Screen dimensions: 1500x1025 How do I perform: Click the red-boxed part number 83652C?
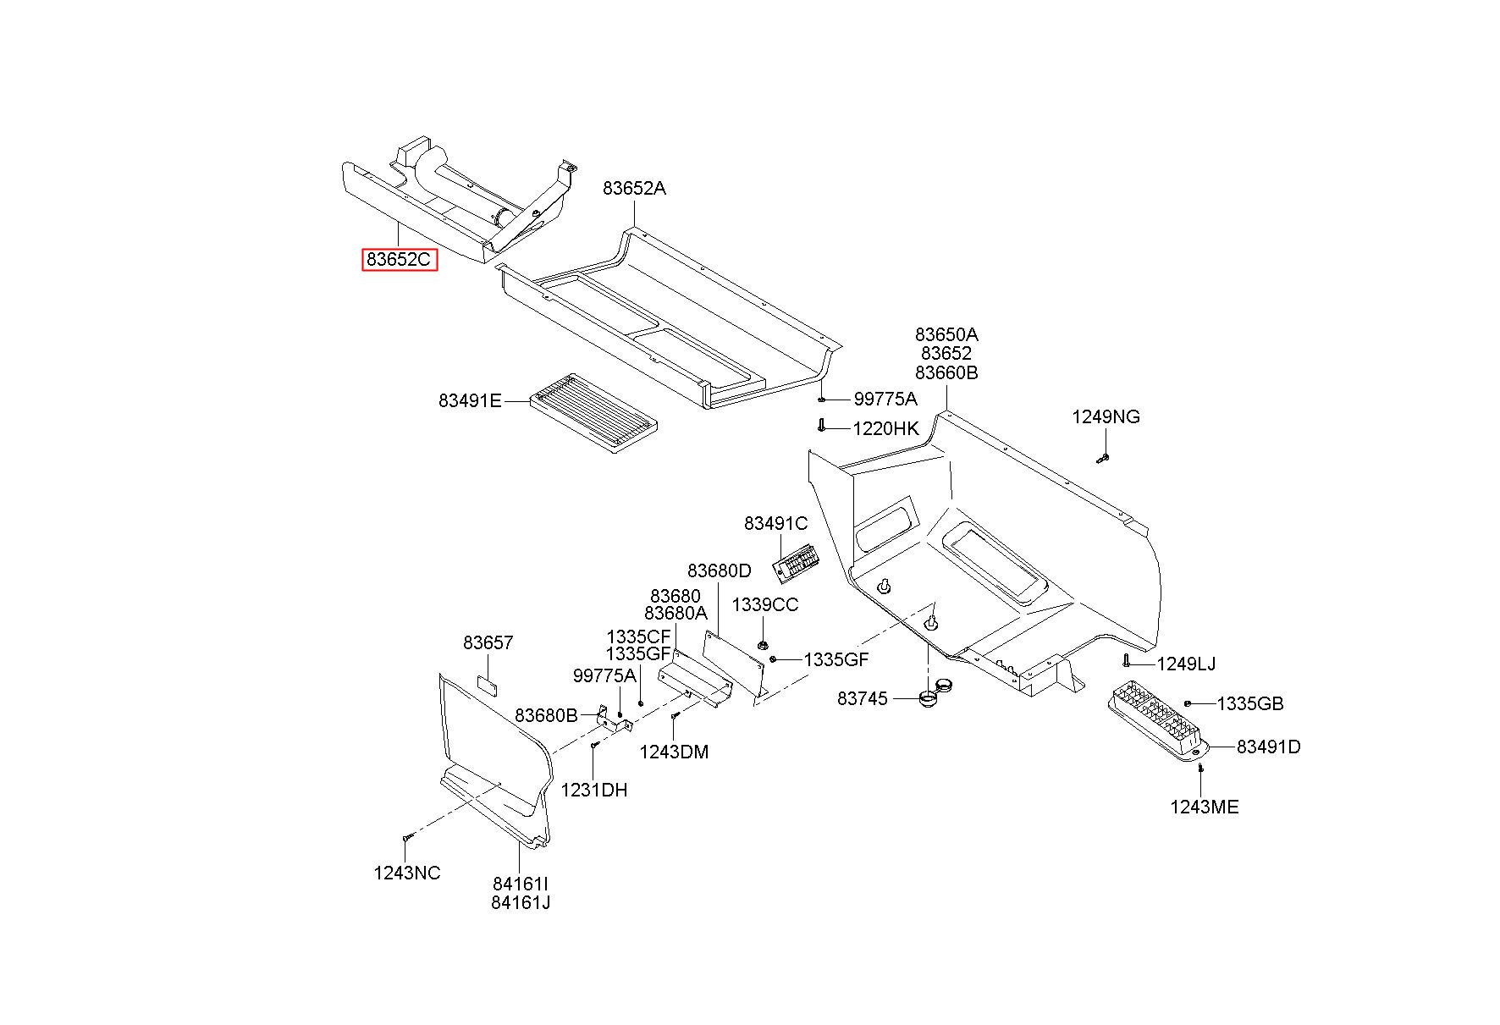(x=400, y=259)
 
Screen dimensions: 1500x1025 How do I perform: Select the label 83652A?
(x=634, y=188)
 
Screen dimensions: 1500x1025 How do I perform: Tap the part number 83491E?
(x=470, y=400)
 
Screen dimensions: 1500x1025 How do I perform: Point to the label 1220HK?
(x=885, y=428)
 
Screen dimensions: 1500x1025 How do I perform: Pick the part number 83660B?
(x=946, y=372)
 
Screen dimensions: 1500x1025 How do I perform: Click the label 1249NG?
(x=1106, y=416)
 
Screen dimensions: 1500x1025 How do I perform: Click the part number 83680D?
(x=719, y=570)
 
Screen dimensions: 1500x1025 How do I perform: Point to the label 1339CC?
(x=764, y=604)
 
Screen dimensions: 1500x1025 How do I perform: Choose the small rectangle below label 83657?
(x=488, y=684)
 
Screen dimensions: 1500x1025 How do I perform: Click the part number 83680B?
(x=546, y=715)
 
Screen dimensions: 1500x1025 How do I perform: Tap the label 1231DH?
(x=594, y=790)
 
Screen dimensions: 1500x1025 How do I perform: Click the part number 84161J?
(x=521, y=902)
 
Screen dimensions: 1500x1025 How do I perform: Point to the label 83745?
(x=862, y=698)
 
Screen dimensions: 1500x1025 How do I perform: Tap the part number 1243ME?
(x=1204, y=807)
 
